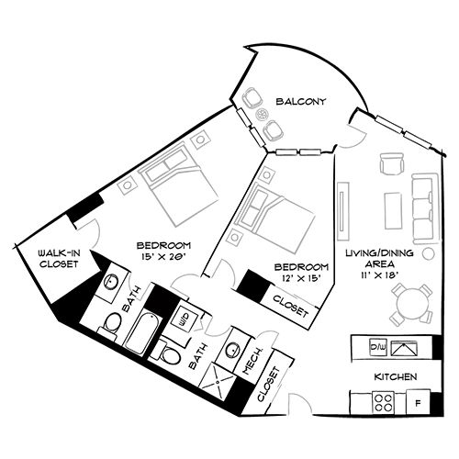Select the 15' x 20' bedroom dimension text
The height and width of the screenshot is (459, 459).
[x=162, y=257]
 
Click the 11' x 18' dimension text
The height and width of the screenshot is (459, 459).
[x=375, y=274]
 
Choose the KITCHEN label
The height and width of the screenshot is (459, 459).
[x=396, y=377]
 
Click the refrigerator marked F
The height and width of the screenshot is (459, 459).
[x=418, y=402]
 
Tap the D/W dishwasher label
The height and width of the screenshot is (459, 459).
[x=375, y=347]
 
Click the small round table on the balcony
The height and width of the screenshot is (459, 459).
[x=264, y=115]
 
